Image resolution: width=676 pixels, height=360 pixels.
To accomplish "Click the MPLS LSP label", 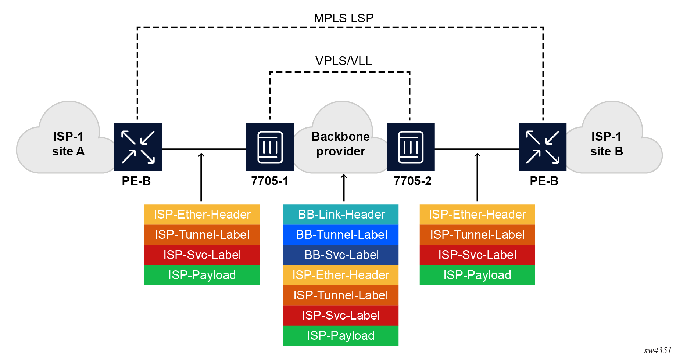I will click(x=343, y=18).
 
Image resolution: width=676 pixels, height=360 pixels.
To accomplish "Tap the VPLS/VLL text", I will click(x=343, y=61).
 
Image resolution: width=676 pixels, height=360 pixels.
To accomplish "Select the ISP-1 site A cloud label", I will click(x=68, y=144).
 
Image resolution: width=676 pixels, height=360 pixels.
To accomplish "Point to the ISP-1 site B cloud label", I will click(x=606, y=144).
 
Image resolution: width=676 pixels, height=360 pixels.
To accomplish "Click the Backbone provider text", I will click(x=340, y=144).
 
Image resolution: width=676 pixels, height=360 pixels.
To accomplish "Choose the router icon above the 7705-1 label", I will click(x=270, y=147).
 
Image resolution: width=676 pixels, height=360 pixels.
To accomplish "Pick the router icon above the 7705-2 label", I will click(x=411, y=147).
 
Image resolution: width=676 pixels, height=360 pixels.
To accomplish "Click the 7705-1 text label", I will click(x=269, y=181).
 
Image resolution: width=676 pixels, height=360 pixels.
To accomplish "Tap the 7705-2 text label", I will click(x=412, y=181).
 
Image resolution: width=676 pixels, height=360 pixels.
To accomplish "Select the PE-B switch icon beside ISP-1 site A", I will click(x=138, y=147).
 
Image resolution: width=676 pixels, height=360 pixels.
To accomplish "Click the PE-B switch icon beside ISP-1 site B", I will click(x=542, y=147).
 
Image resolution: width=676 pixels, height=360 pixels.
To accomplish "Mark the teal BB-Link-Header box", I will click(x=341, y=214).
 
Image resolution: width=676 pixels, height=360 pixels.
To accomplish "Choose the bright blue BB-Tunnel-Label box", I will click(x=341, y=234).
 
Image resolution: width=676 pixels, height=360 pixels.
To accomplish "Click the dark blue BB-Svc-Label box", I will click(x=341, y=255).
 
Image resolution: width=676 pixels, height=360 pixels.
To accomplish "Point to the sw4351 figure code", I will click(x=657, y=350).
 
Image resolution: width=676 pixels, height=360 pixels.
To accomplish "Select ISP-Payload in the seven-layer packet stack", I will click(x=341, y=335).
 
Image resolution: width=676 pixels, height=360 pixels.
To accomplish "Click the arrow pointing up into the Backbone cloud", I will click(x=344, y=187).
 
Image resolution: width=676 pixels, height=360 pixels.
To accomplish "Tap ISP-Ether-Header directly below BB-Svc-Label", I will click(x=341, y=275).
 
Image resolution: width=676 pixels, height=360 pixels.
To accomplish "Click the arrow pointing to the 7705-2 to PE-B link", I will click(x=477, y=176).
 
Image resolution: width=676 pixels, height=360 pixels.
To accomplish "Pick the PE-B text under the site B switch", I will click(x=544, y=181).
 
